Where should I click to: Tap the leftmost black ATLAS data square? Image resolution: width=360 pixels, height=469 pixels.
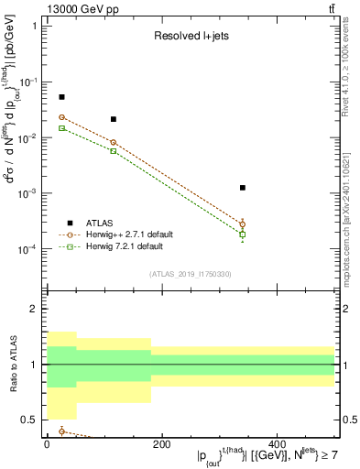61,97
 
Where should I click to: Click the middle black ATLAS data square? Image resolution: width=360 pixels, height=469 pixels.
114,119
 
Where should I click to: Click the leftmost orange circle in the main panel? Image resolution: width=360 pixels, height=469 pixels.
61,117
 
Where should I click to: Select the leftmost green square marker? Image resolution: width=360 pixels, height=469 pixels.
61,128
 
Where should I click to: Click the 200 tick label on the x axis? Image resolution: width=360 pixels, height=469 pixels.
161,444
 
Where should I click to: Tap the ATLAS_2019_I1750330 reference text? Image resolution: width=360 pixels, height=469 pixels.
191,273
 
